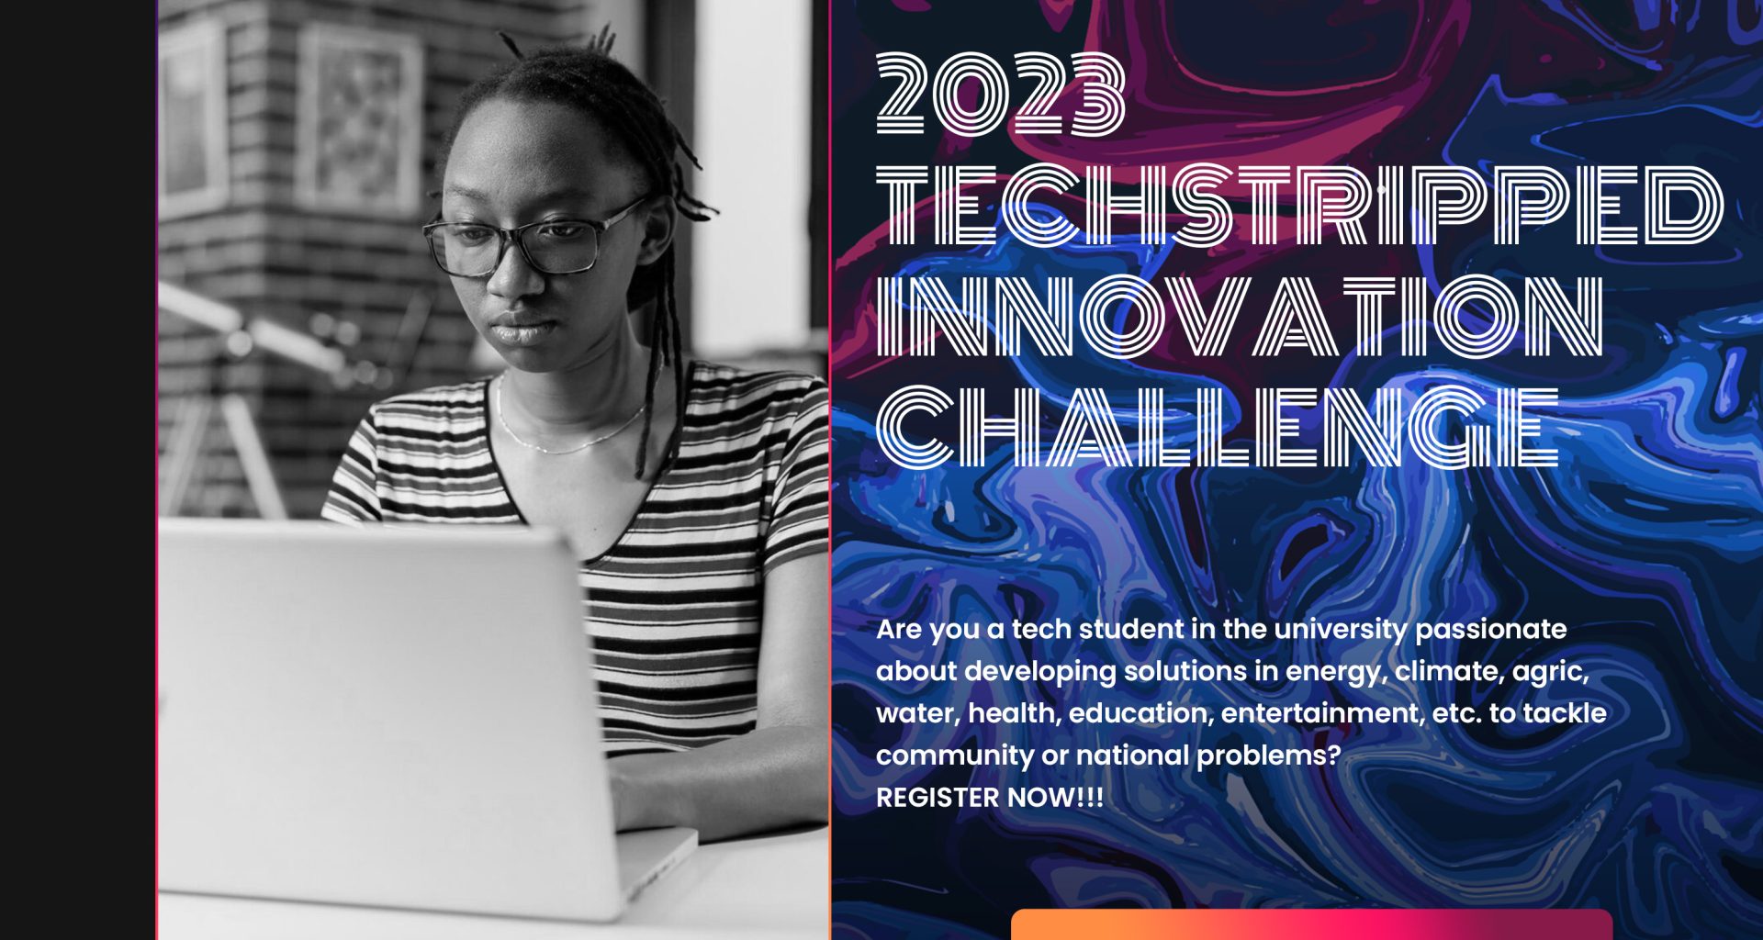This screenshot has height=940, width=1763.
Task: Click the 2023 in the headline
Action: click(1001, 95)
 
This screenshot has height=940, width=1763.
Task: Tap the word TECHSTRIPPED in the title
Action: click(1299, 206)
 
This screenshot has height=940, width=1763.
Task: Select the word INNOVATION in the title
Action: click(1240, 316)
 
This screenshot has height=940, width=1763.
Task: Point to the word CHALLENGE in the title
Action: click(1218, 427)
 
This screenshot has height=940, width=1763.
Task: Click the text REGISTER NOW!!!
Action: click(989, 798)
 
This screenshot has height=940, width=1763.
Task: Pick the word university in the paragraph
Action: click(1340, 630)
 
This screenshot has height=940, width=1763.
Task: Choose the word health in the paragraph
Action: click(1013, 713)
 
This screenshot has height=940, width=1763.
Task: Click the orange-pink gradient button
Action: click(1311, 925)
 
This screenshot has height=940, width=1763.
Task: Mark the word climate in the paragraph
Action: click(1447, 672)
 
